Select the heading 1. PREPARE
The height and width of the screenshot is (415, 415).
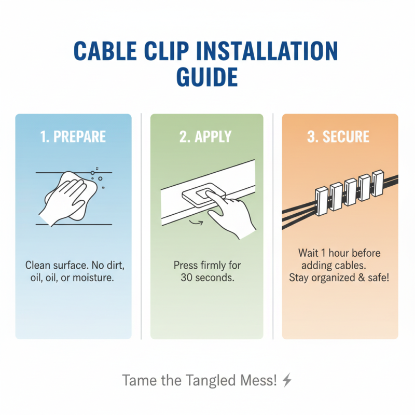(x=73, y=137)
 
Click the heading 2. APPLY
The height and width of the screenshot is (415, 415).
(x=206, y=137)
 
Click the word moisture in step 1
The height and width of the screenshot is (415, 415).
(x=94, y=279)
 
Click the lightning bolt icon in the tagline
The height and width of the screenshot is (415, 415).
(x=287, y=380)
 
